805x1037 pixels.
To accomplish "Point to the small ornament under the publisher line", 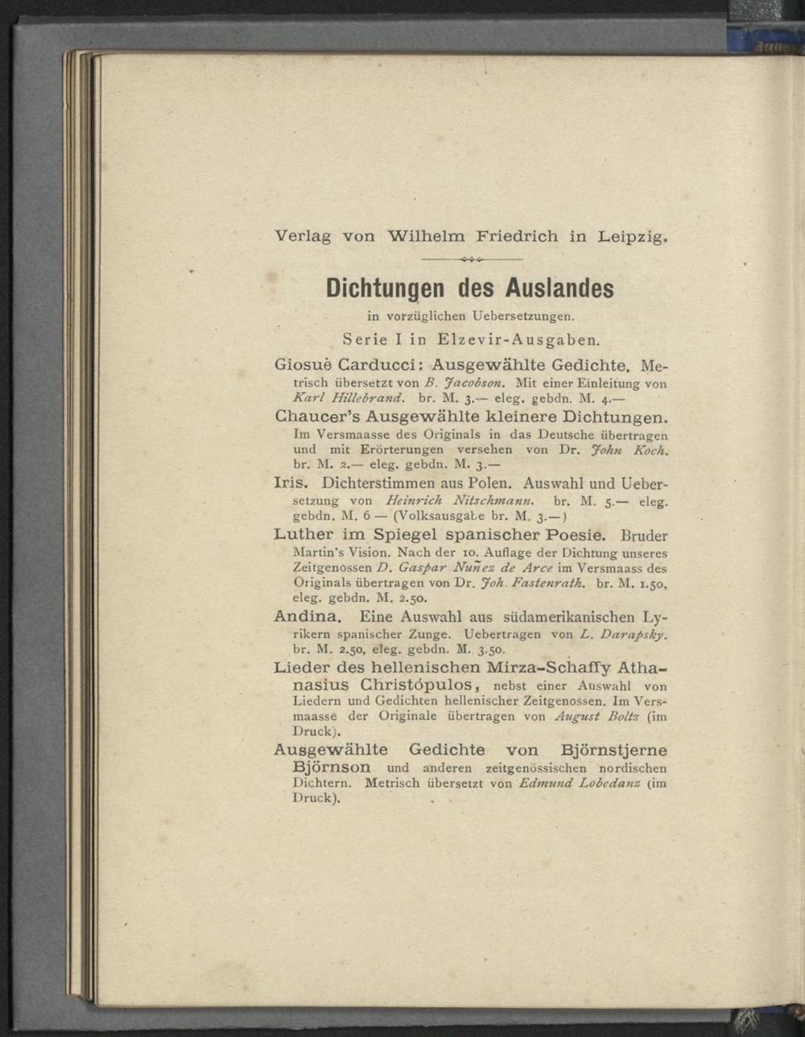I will [x=472, y=259].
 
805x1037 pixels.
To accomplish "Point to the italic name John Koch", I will [x=635, y=451].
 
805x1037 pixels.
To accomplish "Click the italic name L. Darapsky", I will [x=624, y=634].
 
